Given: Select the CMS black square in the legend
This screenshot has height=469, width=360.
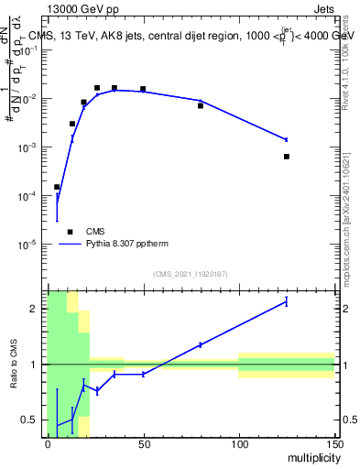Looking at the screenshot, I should pyautogui.click(x=70, y=232).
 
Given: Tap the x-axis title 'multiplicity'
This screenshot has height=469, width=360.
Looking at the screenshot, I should pyautogui.click(x=309, y=456).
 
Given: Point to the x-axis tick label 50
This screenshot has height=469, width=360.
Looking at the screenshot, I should pyautogui.click(x=143, y=444).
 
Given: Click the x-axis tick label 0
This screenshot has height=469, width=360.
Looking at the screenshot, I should pyautogui.click(x=48, y=444).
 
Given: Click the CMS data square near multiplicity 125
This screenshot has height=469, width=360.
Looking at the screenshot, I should pyautogui.click(x=287, y=157).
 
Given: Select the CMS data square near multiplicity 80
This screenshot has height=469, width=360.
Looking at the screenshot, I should pyautogui.click(x=201, y=106).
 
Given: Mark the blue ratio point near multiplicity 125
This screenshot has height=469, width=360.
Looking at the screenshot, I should pyautogui.click(x=287, y=301).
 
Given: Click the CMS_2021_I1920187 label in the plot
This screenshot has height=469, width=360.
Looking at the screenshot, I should pyautogui.click(x=191, y=274).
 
